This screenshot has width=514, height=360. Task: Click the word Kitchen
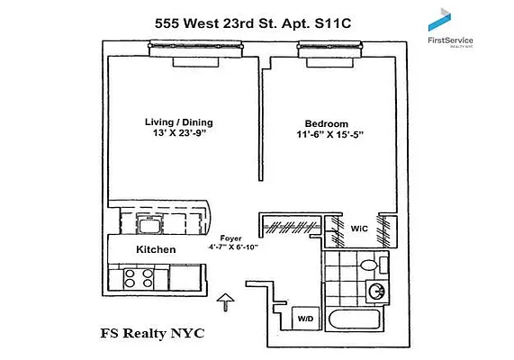point(155,249)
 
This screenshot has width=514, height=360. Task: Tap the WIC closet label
point(359,227)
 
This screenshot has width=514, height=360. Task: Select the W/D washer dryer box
point(306,318)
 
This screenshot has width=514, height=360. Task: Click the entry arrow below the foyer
point(225,301)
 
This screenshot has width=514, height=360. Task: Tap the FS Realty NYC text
point(152,334)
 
